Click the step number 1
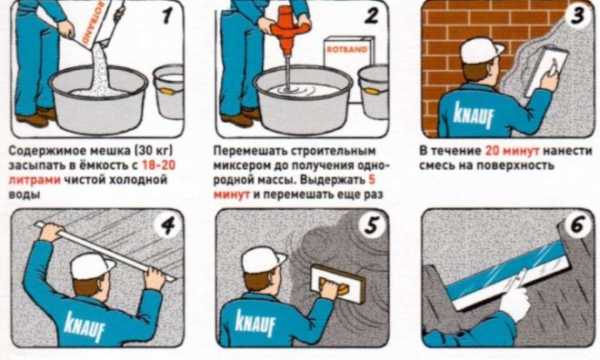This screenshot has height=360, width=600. click(x=167, y=16)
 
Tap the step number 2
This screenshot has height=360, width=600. click(x=371, y=16)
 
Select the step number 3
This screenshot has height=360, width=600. click(x=578, y=15)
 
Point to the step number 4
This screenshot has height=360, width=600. click(x=168, y=226)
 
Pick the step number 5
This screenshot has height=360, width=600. click(x=372, y=225)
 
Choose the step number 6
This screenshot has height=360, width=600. click(x=579, y=226)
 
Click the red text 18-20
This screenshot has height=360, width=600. click(x=159, y=165)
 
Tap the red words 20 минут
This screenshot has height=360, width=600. click(x=512, y=151)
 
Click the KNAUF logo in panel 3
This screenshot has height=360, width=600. click(x=473, y=113)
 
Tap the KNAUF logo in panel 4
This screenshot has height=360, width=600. click(x=85, y=326)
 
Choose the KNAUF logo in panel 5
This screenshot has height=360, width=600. click(x=255, y=324)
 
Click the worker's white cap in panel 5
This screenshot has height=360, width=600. click(x=264, y=260)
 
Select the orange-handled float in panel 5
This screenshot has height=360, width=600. click(x=337, y=284)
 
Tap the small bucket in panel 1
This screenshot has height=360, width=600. click(x=169, y=92)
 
